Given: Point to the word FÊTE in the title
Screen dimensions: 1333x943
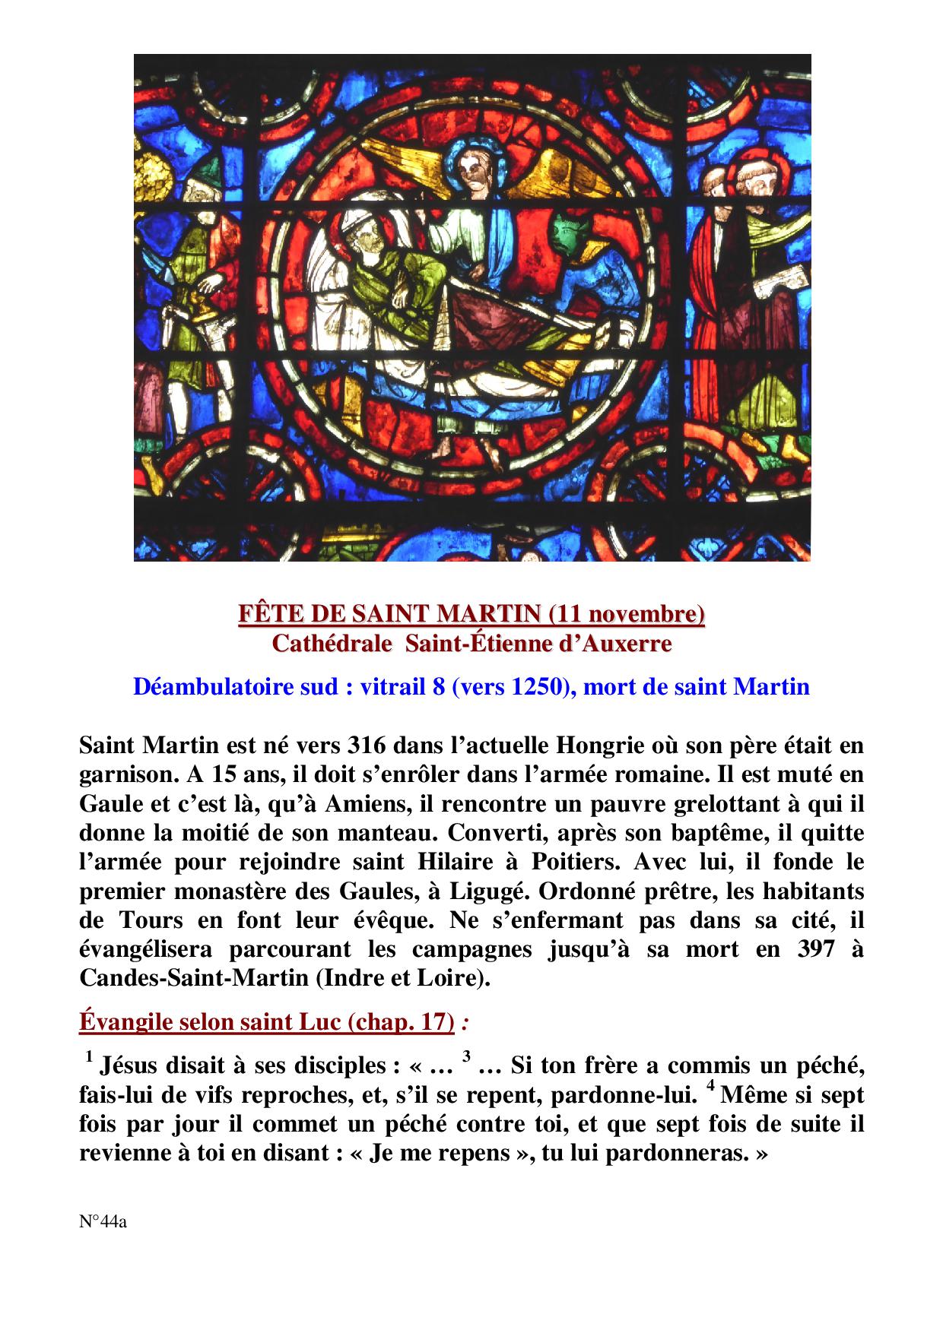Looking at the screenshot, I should [x=265, y=613].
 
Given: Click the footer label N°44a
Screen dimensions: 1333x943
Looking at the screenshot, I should [x=103, y=1223].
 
